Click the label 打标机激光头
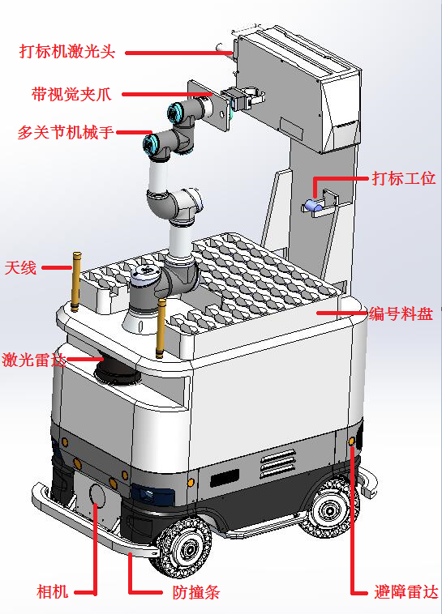click(67, 51)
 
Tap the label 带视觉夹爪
click(71, 94)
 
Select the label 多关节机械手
click(66, 132)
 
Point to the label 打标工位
click(404, 178)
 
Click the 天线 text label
click(20, 268)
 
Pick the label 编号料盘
click(401, 313)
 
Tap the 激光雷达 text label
click(34, 360)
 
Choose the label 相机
click(52, 591)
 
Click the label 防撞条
click(196, 592)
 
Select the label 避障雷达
click(406, 591)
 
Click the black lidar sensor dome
click(117, 371)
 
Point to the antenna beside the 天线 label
click(75, 282)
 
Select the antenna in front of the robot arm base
click(160, 328)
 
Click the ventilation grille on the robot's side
click(278, 463)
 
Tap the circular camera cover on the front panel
click(97, 495)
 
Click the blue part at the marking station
click(313, 205)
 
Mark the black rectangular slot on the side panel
click(225, 478)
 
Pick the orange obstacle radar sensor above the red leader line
click(352, 441)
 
